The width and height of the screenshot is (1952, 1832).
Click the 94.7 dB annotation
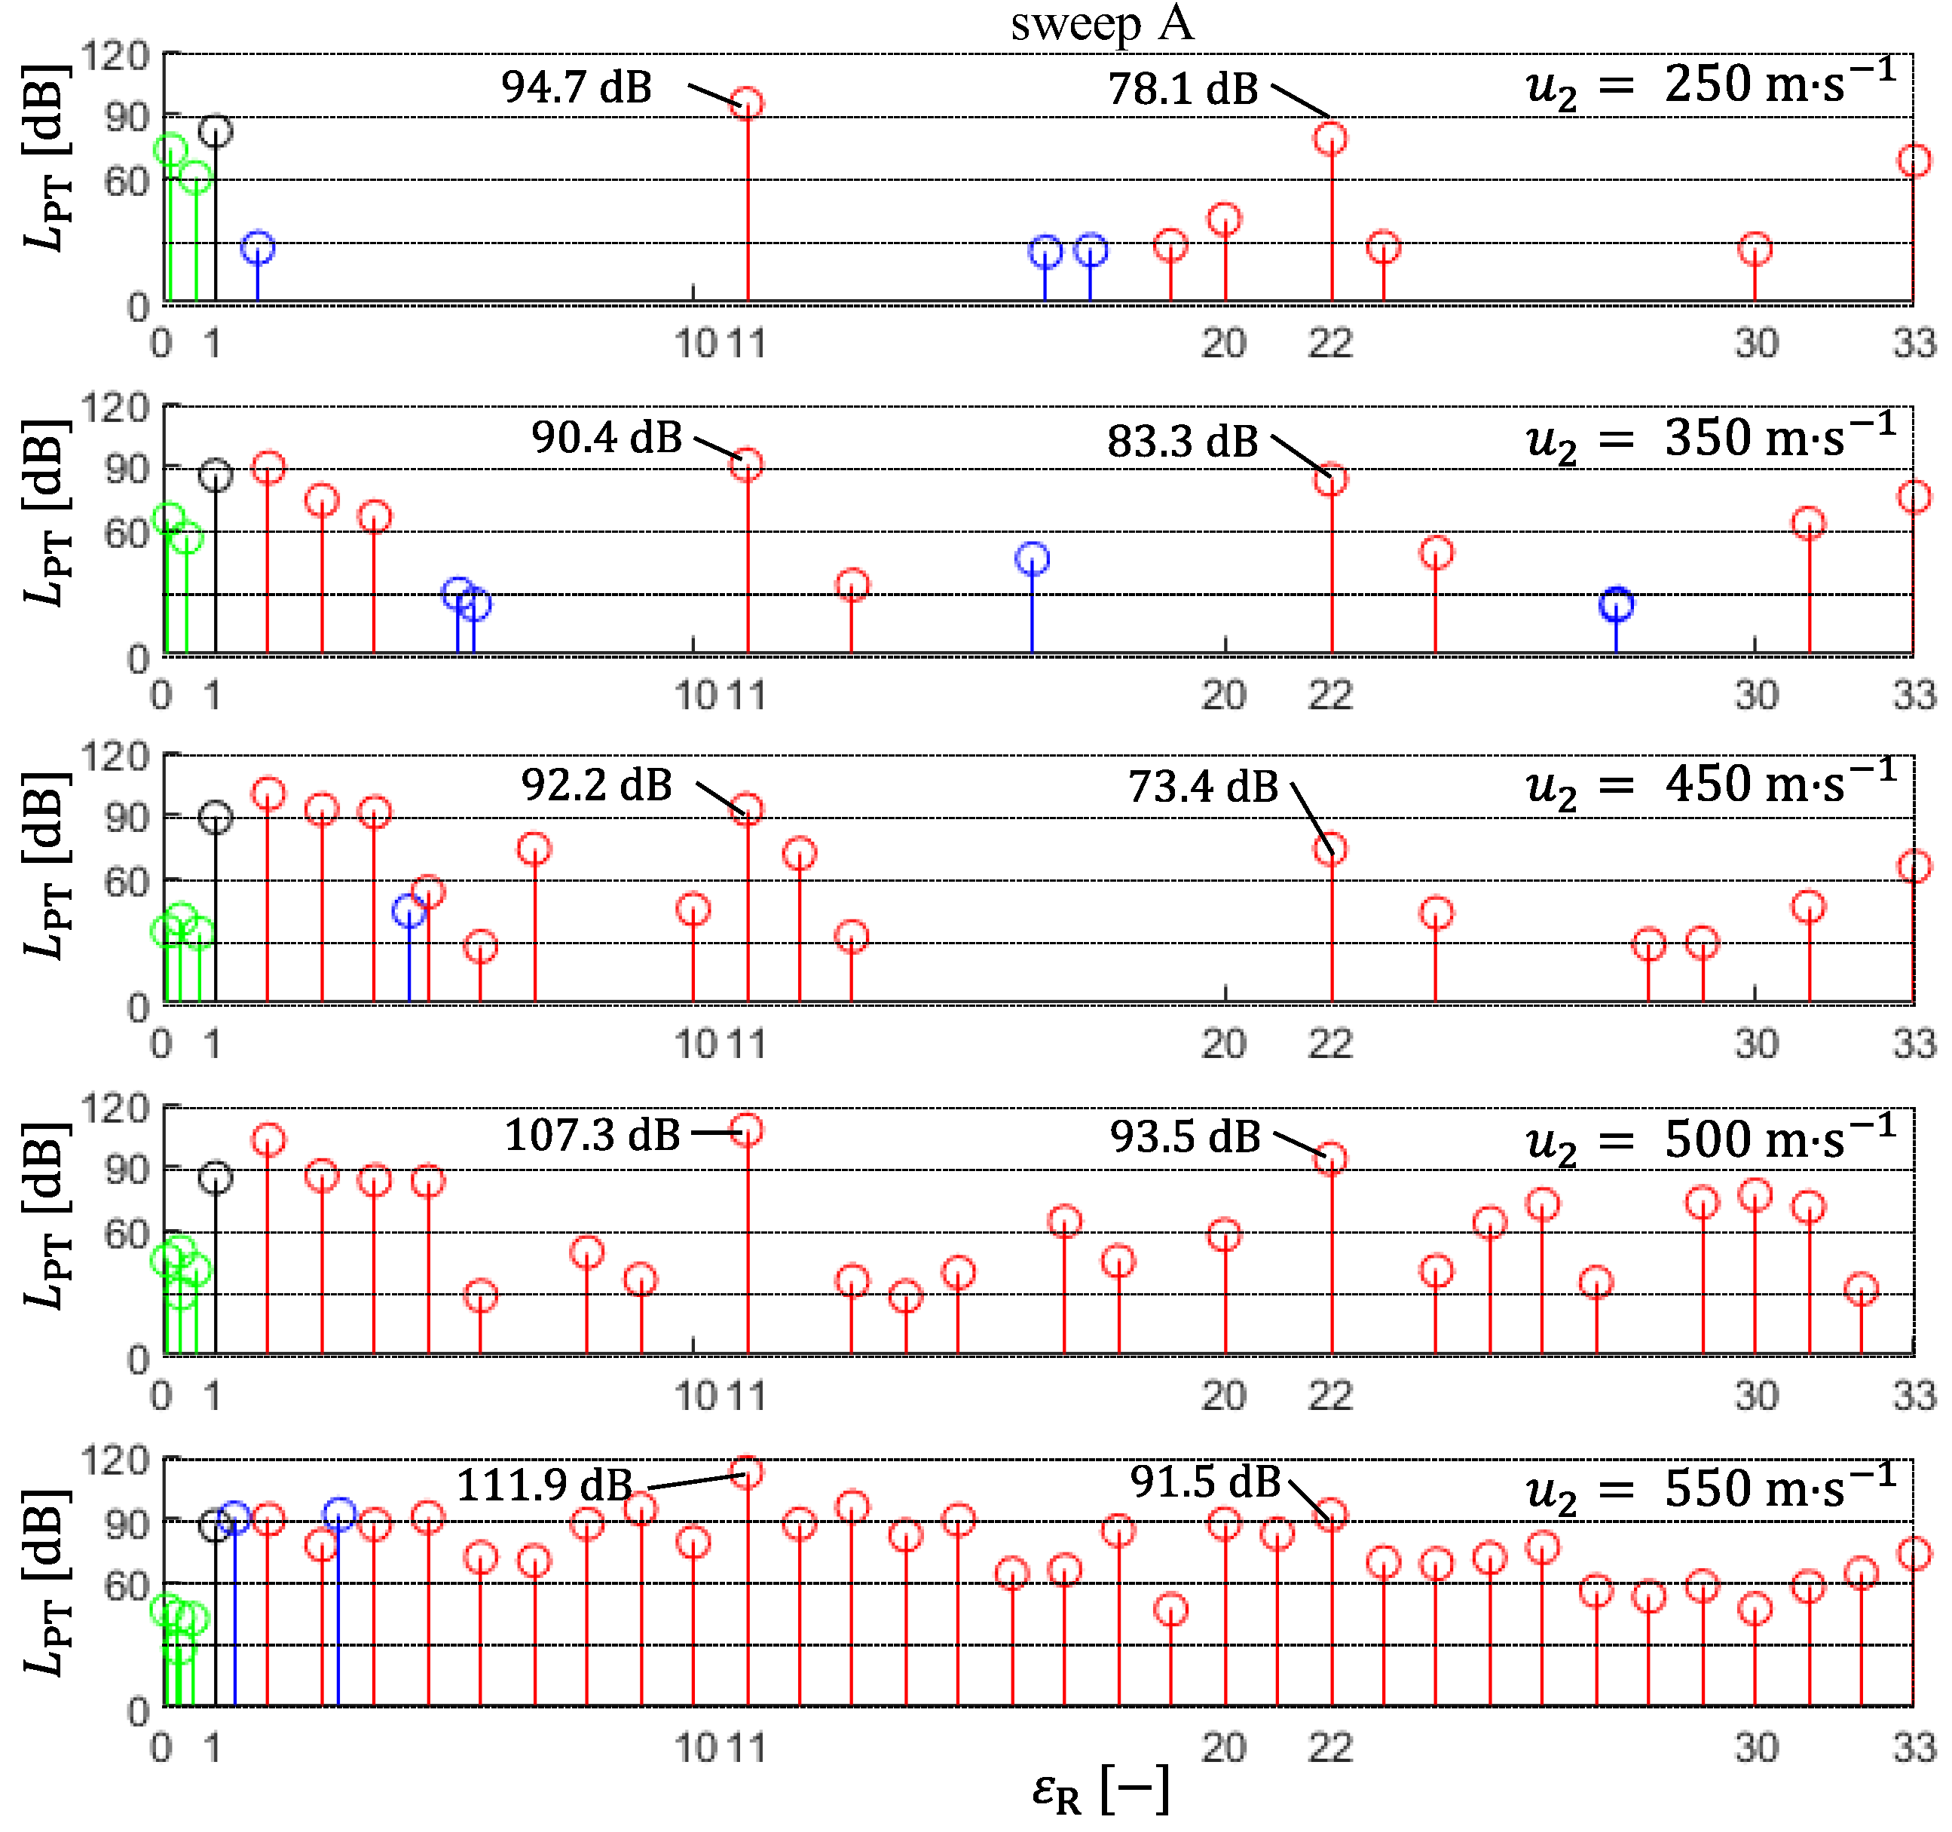point(577,87)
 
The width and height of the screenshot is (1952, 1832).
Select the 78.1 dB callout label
point(1183,90)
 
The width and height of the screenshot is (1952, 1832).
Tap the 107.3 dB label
point(592,1136)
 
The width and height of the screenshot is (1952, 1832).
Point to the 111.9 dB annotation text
point(545,1485)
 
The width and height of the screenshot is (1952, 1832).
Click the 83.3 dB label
point(1183,442)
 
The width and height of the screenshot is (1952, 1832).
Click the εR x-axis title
point(1100,1790)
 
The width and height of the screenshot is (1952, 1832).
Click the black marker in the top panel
point(215,132)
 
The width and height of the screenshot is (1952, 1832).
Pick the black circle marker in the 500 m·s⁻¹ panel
point(215,1178)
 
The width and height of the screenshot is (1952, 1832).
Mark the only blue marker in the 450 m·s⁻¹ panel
point(408,911)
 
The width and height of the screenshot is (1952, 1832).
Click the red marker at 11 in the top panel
point(747,104)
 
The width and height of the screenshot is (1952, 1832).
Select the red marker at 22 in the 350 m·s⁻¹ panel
point(1330,480)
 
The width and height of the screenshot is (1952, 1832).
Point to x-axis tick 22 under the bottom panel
point(1330,1748)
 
